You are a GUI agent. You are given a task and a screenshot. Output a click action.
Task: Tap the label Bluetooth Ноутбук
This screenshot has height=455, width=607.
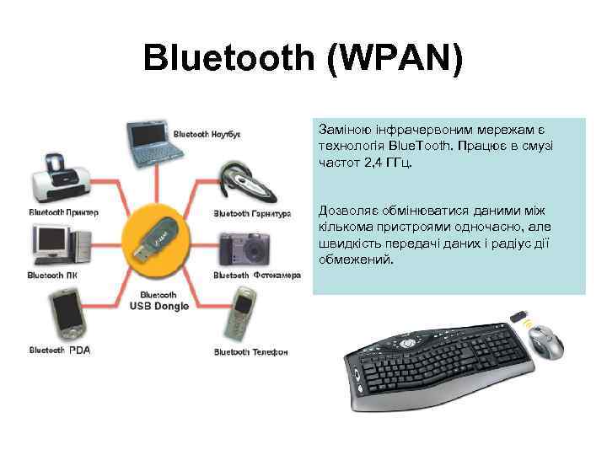pyautogui.click(x=207, y=134)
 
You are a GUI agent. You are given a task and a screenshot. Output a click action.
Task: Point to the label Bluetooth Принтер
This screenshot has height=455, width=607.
pyautogui.click(x=63, y=212)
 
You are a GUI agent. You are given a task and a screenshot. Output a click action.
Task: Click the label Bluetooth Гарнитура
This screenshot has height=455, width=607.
pyautogui.click(x=251, y=213)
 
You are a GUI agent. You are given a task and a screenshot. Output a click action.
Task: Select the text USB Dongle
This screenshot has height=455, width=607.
pyautogui.click(x=153, y=307)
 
